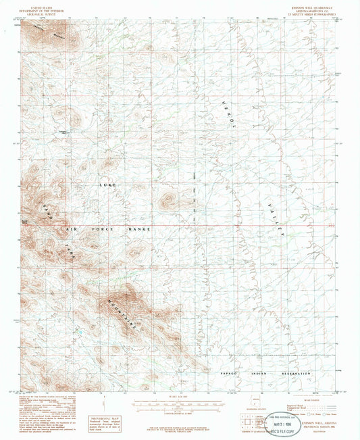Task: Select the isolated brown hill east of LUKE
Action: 168,201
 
